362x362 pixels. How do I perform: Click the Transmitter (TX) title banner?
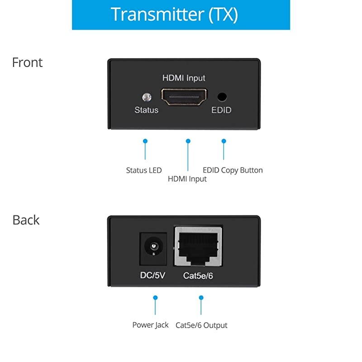181,14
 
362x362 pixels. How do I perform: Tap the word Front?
27,62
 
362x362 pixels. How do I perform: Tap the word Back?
26,220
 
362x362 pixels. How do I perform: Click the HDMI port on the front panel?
184,96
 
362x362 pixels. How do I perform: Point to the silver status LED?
146,97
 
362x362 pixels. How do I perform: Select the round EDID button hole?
222,96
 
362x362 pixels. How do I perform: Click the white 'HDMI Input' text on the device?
184,78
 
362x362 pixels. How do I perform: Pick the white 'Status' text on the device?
146,110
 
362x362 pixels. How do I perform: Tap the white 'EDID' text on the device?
221,110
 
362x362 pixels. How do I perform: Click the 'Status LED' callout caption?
143,171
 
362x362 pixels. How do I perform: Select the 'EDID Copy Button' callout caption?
233,170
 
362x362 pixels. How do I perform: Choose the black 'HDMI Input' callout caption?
187,179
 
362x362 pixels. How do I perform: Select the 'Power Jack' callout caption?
150,325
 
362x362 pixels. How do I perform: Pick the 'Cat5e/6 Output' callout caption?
202,325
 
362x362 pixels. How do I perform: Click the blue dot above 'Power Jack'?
155,298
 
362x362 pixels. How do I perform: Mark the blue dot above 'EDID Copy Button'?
223,141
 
